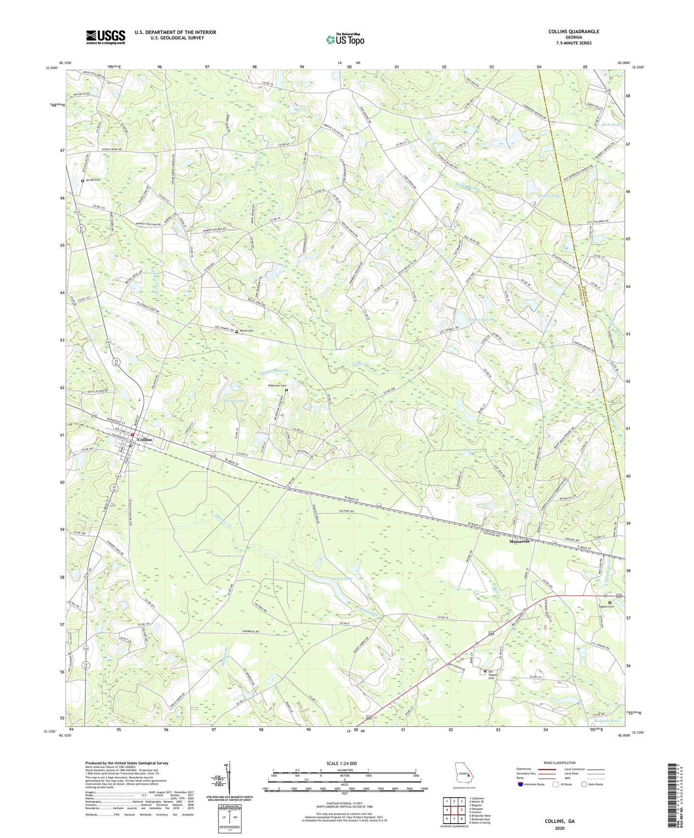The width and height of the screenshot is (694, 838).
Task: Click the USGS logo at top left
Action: pyautogui.click(x=105, y=37)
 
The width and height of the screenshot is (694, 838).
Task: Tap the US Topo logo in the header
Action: pyautogui.click(x=345, y=39)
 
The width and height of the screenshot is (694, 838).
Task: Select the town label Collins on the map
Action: pyautogui.click(x=145, y=440)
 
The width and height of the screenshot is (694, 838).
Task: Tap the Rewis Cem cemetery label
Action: pyautogui.click(x=247, y=331)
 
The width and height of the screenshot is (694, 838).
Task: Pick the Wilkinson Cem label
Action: pyautogui.click(x=277, y=385)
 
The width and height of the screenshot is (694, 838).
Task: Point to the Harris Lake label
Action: pyautogui.click(x=234, y=400)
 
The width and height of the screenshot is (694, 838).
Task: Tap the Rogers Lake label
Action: pyautogui.click(x=549, y=196)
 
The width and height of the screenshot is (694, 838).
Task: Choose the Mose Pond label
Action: pyautogui.click(x=611, y=124)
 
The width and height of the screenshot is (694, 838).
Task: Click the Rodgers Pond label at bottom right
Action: pyautogui.click(x=606, y=721)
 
